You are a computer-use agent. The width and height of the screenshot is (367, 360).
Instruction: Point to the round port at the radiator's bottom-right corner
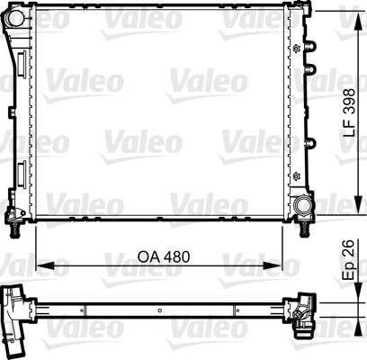click(300, 209)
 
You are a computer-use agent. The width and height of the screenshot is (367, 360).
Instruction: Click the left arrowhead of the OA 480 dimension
click(40, 266)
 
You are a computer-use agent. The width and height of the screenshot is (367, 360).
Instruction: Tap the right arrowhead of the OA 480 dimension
click(292, 266)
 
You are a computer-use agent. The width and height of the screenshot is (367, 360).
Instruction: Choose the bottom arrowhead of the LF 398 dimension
click(342, 217)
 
